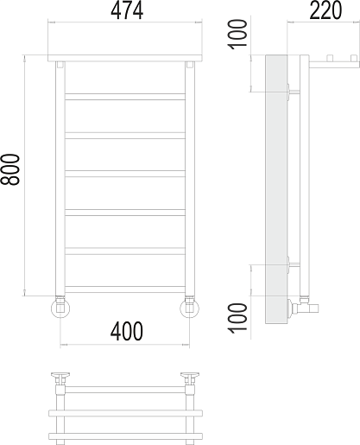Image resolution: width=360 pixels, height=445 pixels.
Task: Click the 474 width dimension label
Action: [127, 11]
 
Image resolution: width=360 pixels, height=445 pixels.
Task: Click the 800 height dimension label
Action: [10, 169]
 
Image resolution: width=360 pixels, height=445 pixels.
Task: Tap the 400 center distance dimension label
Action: [127, 331]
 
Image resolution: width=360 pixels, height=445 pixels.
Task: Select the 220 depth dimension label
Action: [325, 10]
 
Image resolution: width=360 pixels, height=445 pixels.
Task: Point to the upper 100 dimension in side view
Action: [237, 35]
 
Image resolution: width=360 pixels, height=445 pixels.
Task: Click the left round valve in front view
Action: [60, 308]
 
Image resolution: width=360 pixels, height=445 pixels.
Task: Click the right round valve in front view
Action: [189, 308]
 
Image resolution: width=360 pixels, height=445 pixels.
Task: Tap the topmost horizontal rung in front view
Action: [125, 97]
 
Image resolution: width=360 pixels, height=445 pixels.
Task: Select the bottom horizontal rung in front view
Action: [125, 289]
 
